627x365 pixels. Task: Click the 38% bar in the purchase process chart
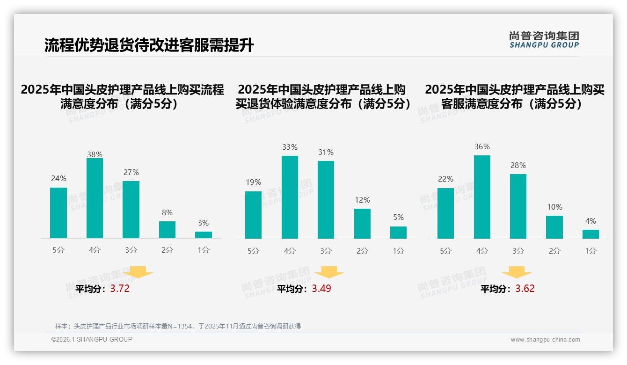tap(95, 198)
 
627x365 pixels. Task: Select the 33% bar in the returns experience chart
tap(290, 197)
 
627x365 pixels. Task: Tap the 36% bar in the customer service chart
tap(482, 197)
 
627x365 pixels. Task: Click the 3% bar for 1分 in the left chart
tap(204, 235)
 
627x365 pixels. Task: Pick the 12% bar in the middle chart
tap(362, 224)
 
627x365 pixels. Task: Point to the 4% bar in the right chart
tap(591, 234)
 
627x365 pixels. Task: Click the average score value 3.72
tap(120, 289)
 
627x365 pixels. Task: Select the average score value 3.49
tap(321, 289)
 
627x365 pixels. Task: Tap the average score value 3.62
tap(525, 289)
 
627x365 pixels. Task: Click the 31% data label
tap(326, 152)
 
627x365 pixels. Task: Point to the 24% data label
tap(58, 178)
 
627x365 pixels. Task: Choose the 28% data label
tap(518, 165)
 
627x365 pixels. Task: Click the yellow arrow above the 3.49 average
tap(329, 272)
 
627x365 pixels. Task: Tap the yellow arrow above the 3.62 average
tap(517, 272)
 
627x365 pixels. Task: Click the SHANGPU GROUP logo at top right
tap(544, 40)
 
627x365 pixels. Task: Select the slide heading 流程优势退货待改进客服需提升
tap(149, 45)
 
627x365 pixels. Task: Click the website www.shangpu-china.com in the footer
tap(545, 340)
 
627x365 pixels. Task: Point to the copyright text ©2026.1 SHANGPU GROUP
tap(92, 339)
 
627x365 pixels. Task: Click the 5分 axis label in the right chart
tap(445, 251)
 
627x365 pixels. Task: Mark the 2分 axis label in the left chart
tap(167, 250)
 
